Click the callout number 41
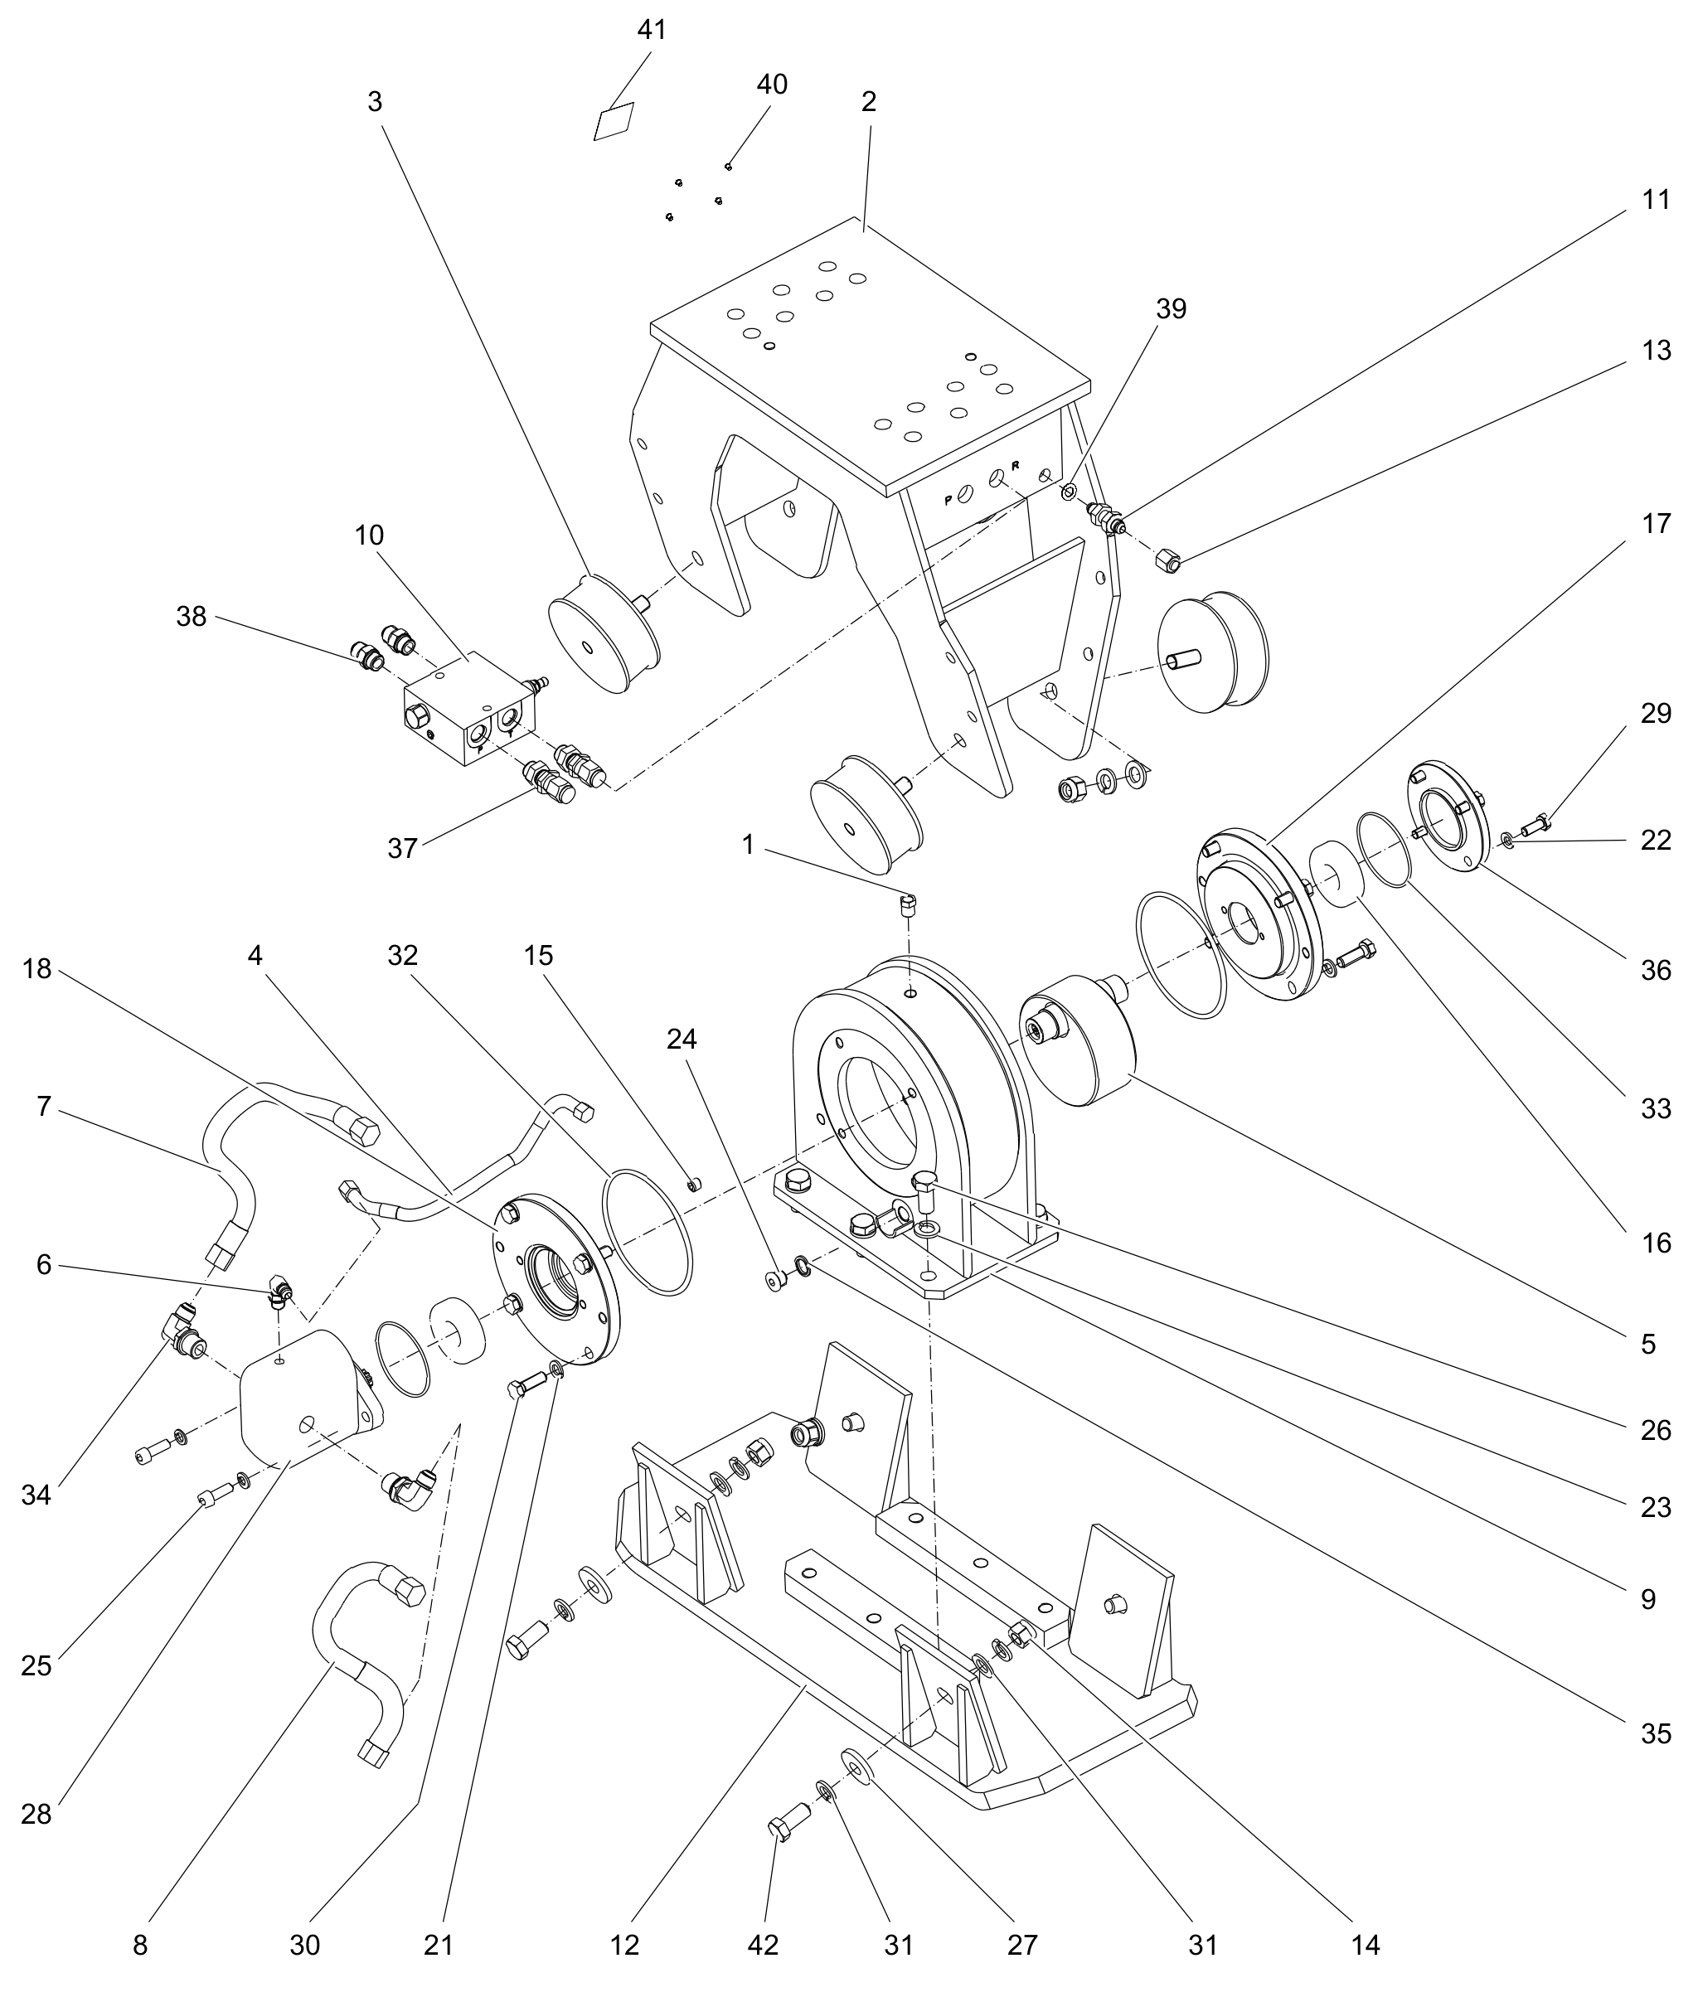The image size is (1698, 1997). pos(652,30)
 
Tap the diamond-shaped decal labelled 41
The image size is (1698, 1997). pos(614,121)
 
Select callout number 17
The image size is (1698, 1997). pos(1656,524)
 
